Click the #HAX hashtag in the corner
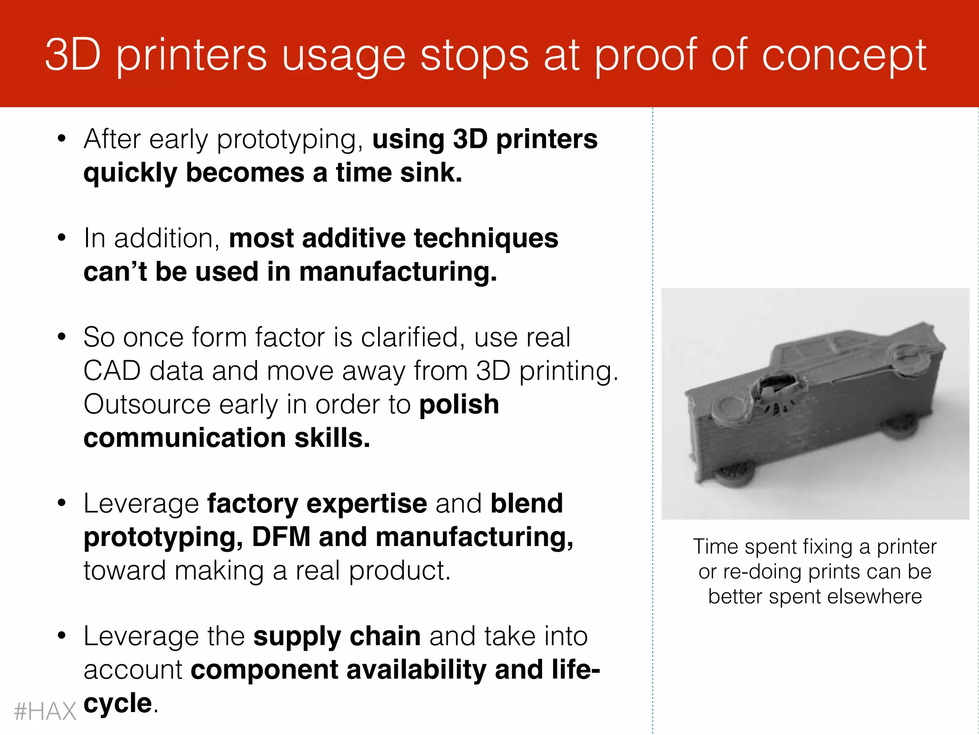click(x=45, y=712)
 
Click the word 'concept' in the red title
click(x=844, y=56)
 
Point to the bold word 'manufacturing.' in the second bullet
click(x=398, y=272)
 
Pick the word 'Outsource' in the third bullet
click(x=147, y=404)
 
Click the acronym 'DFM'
click(x=281, y=537)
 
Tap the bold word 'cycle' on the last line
click(x=118, y=703)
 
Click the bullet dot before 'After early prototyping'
click(x=61, y=139)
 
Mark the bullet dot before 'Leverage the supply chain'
click(x=61, y=636)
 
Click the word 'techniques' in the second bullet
click(x=486, y=238)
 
